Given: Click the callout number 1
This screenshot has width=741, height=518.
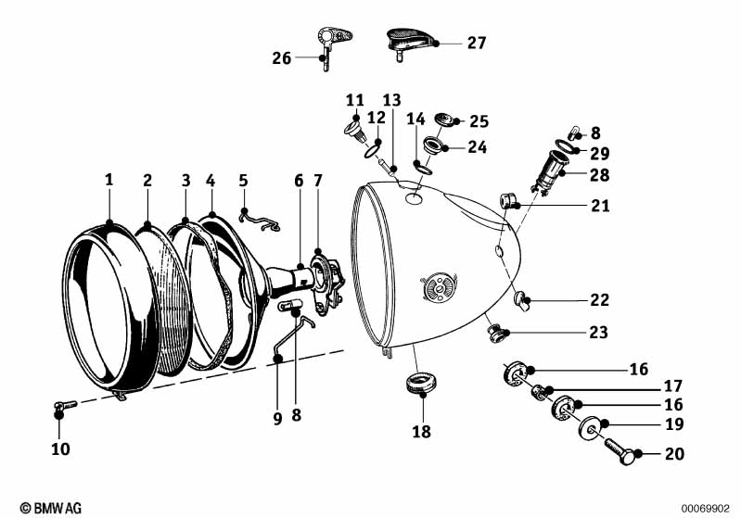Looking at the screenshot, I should click(x=109, y=180).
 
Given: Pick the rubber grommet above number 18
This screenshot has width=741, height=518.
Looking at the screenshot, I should click(x=422, y=382).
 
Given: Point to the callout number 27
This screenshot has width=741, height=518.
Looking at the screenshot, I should click(x=476, y=43).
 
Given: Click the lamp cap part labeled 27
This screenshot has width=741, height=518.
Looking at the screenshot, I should click(x=409, y=41).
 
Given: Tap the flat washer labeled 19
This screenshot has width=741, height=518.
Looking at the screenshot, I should click(x=588, y=430).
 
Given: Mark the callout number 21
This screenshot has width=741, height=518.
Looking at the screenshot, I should click(x=600, y=206).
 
